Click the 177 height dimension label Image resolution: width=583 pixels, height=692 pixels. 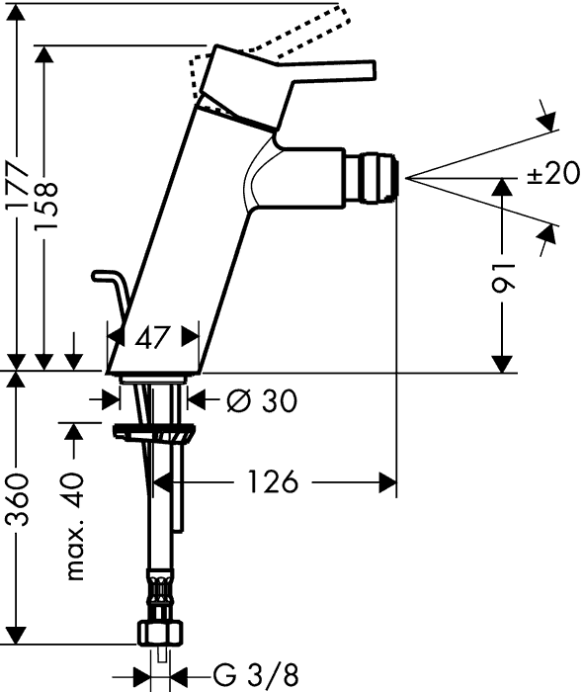tap(18, 187)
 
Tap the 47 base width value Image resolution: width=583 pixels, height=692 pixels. tap(152, 338)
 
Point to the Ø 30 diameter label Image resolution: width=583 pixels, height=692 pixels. tap(262, 400)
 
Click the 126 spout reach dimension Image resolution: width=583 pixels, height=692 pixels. tap(273, 481)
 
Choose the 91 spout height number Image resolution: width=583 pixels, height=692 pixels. tap(503, 279)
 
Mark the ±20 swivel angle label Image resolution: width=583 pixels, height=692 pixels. tap(553, 172)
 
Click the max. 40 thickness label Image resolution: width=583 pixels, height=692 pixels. tap(74, 526)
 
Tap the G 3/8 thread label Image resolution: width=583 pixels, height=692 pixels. tap(256, 675)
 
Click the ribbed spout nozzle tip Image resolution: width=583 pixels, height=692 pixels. tap(380, 178)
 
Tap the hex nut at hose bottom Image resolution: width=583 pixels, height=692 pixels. tap(160, 634)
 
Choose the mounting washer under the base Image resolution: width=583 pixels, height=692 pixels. tap(154, 432)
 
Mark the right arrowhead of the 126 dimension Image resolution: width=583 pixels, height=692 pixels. tap(387, 482)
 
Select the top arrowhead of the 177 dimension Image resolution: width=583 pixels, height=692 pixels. tap(17, 13)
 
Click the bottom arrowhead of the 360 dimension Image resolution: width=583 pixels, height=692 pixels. tap(17, 634)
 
